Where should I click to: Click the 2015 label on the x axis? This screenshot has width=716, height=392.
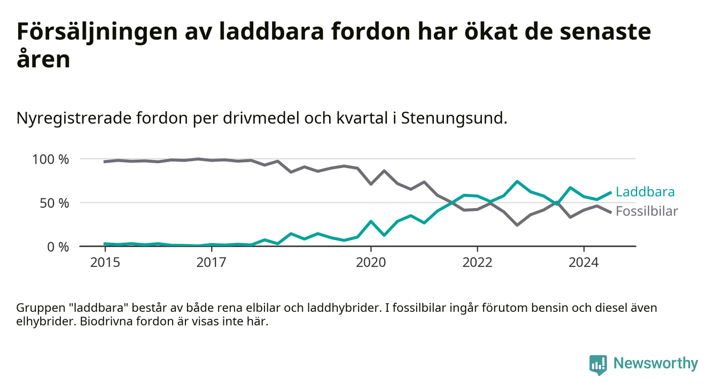click(x=105, y=263)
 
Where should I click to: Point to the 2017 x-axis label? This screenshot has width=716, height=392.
click(x=211, y=263)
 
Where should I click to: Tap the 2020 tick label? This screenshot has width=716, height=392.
click(x=371, y=263)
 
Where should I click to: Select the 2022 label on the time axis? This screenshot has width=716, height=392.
click(x=477, y=263)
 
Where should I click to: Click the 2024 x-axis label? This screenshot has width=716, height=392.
click(x=583, y=263)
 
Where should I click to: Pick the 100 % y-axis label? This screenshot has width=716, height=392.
click(x=51, y=159)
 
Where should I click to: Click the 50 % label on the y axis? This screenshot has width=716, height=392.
click(x=55, y=203)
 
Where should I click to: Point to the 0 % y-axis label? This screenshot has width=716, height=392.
click(x=58, y=247)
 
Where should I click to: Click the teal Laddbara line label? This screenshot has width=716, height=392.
click(x=645, y=192)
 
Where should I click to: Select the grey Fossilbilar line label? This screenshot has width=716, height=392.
click(x=647, y=211)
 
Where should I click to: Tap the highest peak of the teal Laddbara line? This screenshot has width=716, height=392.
click(x=517, y=181)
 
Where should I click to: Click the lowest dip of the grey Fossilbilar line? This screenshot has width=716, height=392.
click(x=517, y=225)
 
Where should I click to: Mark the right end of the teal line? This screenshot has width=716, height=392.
click(x=611, y=193)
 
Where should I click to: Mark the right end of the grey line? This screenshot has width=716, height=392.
click(x=611, y=212)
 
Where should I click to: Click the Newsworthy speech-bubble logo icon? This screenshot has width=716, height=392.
click(x=598, y=365)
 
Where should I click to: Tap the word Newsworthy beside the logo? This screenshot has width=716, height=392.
click(x=656, y=364)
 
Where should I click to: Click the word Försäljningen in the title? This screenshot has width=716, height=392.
click(x=97, y=33)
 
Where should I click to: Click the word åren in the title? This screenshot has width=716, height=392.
click(x=43, y=59)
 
